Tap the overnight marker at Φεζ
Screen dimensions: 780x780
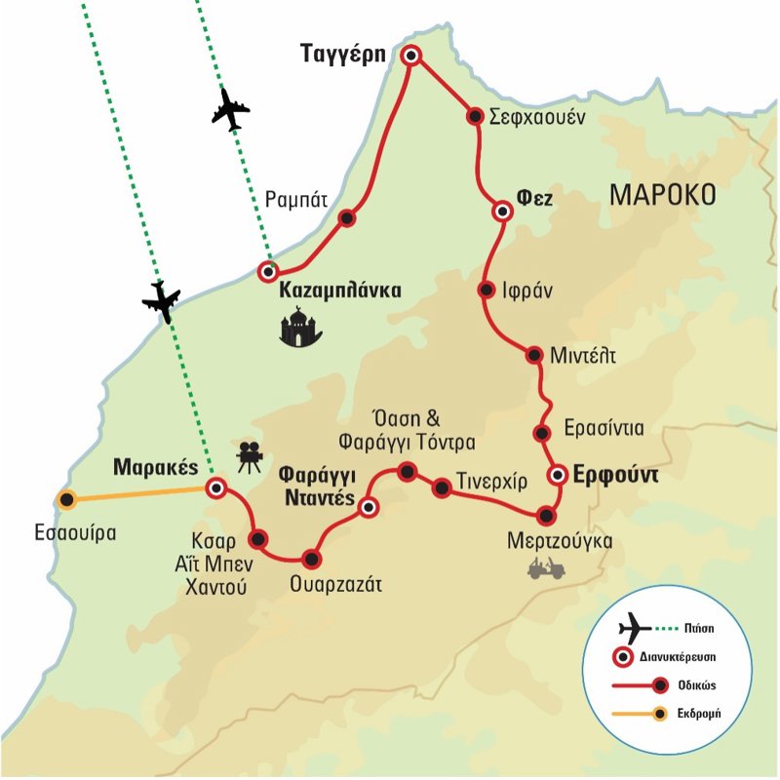[x=502, y=211]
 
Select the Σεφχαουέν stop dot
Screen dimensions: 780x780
[x=475, y=116]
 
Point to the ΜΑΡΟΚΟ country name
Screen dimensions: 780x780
[x=663, y=195]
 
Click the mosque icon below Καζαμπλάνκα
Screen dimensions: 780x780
[x=302, y=327]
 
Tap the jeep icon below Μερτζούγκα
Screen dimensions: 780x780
[x=542, y=567]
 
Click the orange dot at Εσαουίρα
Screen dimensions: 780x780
[x=66, y=500]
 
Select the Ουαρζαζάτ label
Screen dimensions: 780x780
[x=333, y=585]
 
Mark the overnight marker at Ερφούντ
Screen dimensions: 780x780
[x=557, y=475]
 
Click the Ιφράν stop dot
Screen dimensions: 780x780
[x=486, y=289]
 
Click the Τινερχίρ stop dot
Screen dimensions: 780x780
[x=441, y=485]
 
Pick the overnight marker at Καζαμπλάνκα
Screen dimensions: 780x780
[x=268, y=271]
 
